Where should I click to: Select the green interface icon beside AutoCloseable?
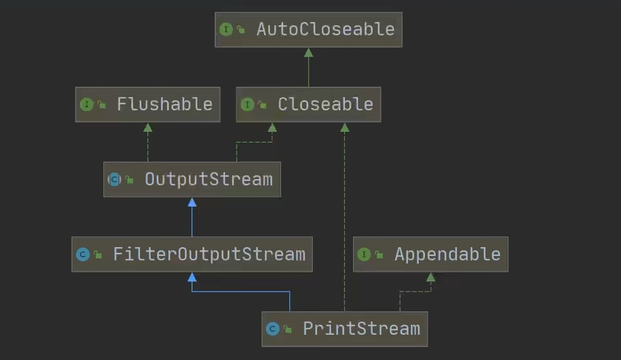[226, 29]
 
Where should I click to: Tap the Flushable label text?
[165, 104]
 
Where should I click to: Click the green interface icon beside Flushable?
[86, 105]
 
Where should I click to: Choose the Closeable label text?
[325, 104]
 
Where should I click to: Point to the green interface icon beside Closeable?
[247, 105]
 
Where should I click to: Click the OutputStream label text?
[209, 179]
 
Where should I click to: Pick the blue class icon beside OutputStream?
[114, 180]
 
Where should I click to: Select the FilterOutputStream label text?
[209, 254]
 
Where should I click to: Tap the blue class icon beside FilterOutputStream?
[83, 255]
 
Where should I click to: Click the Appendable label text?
[447, 254]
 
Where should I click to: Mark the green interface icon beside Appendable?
[364, 255]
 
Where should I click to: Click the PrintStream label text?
[361, 328]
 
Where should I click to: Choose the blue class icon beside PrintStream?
[272, 329]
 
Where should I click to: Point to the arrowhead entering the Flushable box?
[148, 127]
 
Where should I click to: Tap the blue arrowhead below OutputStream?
[192, 202]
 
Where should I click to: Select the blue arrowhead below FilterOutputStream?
[192, 277]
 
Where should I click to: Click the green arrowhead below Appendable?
[431, 277]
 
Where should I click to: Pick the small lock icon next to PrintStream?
[287, 329]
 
